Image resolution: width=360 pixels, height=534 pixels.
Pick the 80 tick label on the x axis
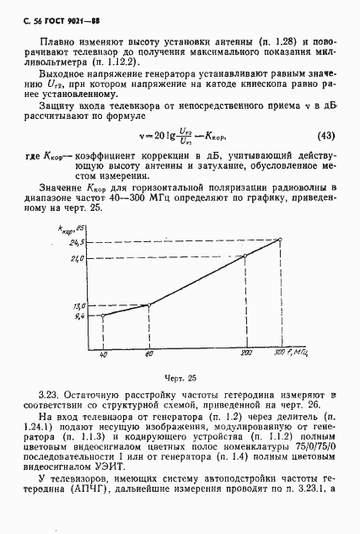(148, 353)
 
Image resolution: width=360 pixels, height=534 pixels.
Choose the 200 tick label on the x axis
(245, 353)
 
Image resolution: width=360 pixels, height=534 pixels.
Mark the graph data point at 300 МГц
(281, 240)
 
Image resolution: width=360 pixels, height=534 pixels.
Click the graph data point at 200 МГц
(245, 256)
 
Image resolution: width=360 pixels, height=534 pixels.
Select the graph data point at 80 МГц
(148, 305)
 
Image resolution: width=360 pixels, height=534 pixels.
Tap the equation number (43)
(323, 136)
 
